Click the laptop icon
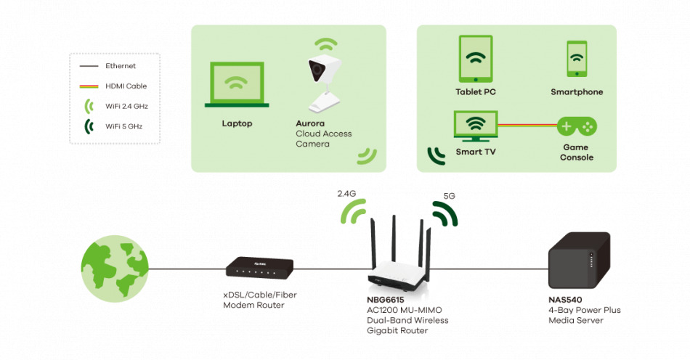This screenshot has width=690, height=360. tap(237, 85)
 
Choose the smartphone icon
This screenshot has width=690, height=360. tap(577, 59)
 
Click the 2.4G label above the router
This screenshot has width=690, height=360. tap(347, 194)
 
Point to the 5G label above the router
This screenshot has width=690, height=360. tap(450, 196)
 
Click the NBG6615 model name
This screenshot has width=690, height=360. tap(385, 299)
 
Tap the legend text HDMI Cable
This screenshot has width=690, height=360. tap(126, 86)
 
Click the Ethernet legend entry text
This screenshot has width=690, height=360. tap(121, 66)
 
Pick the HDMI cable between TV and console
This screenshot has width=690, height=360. tap(527, 125)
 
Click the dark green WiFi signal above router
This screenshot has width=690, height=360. tap(445, 213)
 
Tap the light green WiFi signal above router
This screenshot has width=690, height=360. tap(354, 213)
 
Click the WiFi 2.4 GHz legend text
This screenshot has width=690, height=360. tap(126, 106)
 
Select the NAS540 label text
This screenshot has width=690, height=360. tap(565, 299)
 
